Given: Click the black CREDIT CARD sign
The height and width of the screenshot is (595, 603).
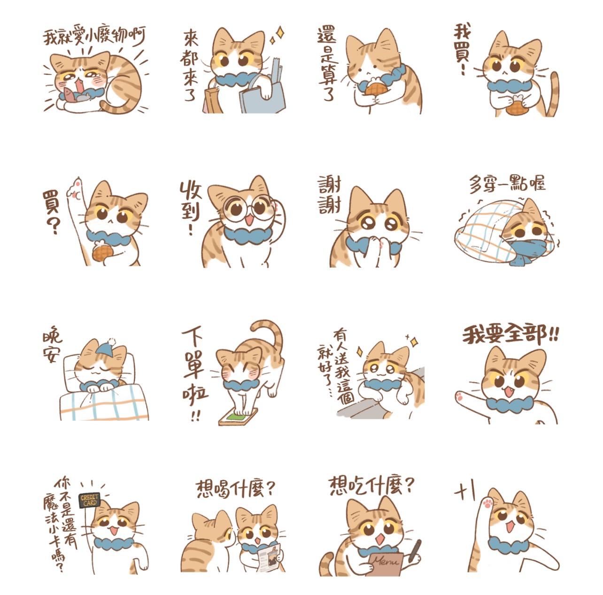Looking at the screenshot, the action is coord(90,501).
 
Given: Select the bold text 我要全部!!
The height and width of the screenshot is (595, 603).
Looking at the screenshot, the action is coord(510,334).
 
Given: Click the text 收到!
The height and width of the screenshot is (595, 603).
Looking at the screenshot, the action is coord(190,208).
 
